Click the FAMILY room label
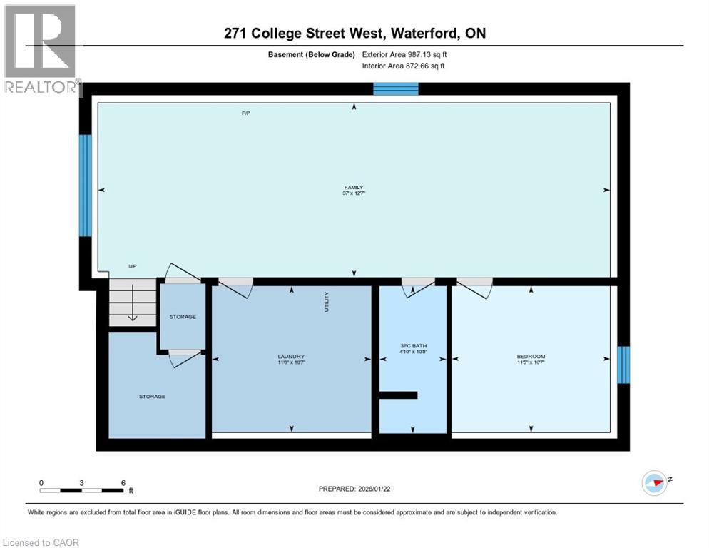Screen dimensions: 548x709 coord(354,188)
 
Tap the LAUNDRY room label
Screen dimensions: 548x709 coord(291,357)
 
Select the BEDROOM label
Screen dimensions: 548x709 coord(531,357)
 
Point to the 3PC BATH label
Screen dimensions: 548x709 coord(413,347)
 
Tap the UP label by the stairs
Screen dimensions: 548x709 coord(133,266)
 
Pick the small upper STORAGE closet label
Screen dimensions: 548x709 coord(183,316)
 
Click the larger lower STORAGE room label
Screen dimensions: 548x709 coord(152,396)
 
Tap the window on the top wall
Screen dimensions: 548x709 coord(396,88)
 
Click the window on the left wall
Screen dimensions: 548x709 coord(85,185)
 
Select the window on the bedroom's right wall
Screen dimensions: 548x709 coord(623,365)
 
